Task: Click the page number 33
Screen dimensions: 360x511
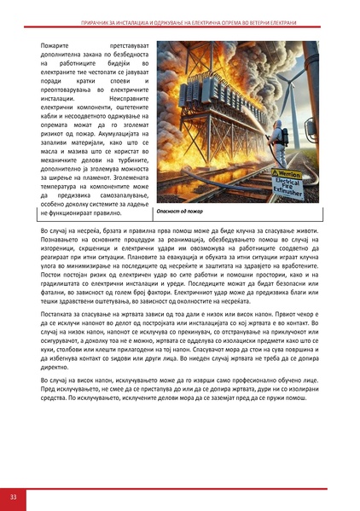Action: [x=14, y=496]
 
